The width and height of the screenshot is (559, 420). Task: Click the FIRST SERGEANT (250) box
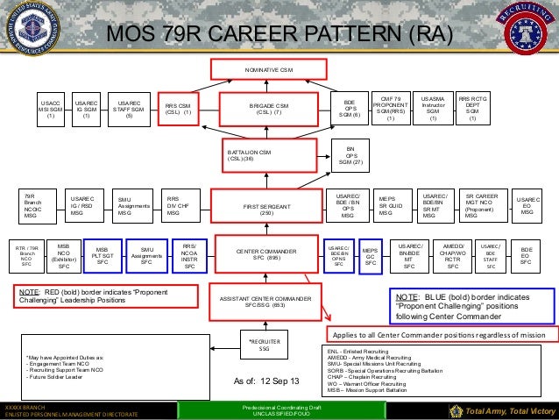(270, 207)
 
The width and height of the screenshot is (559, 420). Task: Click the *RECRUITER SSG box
(258, 345)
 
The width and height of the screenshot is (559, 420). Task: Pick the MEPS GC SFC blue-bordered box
(371, 254)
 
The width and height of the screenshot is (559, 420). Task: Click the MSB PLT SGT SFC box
(103, 256)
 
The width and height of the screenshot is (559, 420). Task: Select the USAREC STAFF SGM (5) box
(129, 108)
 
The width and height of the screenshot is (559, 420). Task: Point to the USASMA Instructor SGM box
(431, 108)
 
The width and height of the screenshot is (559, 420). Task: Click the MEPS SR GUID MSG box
(390, 207)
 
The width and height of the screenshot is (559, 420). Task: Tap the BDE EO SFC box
(526, 254)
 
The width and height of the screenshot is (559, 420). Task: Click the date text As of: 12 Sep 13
(265, 381)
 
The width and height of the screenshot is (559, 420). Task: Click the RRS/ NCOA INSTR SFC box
(188, 255)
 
